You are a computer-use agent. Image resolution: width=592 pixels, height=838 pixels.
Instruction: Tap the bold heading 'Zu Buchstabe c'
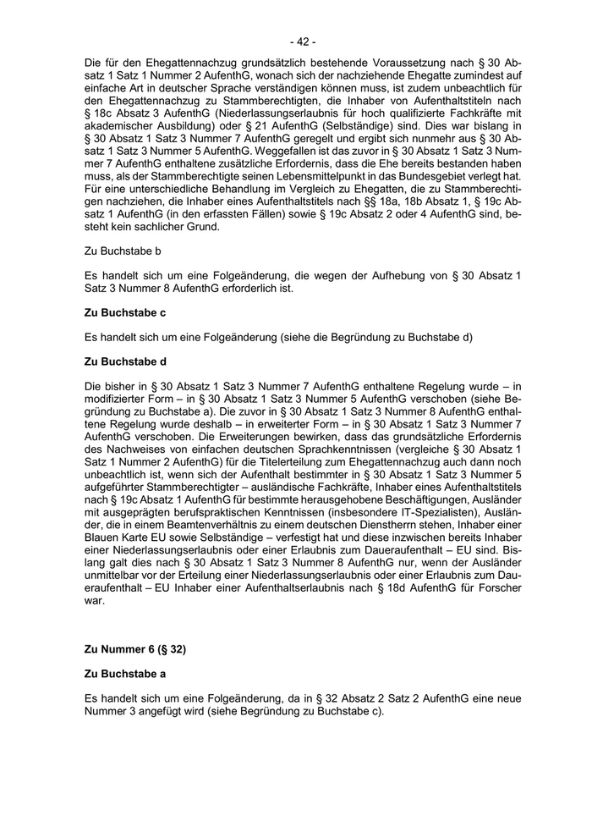pos(125,312)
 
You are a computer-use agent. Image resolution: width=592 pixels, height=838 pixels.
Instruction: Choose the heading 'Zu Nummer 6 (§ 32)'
pos(135,650)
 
